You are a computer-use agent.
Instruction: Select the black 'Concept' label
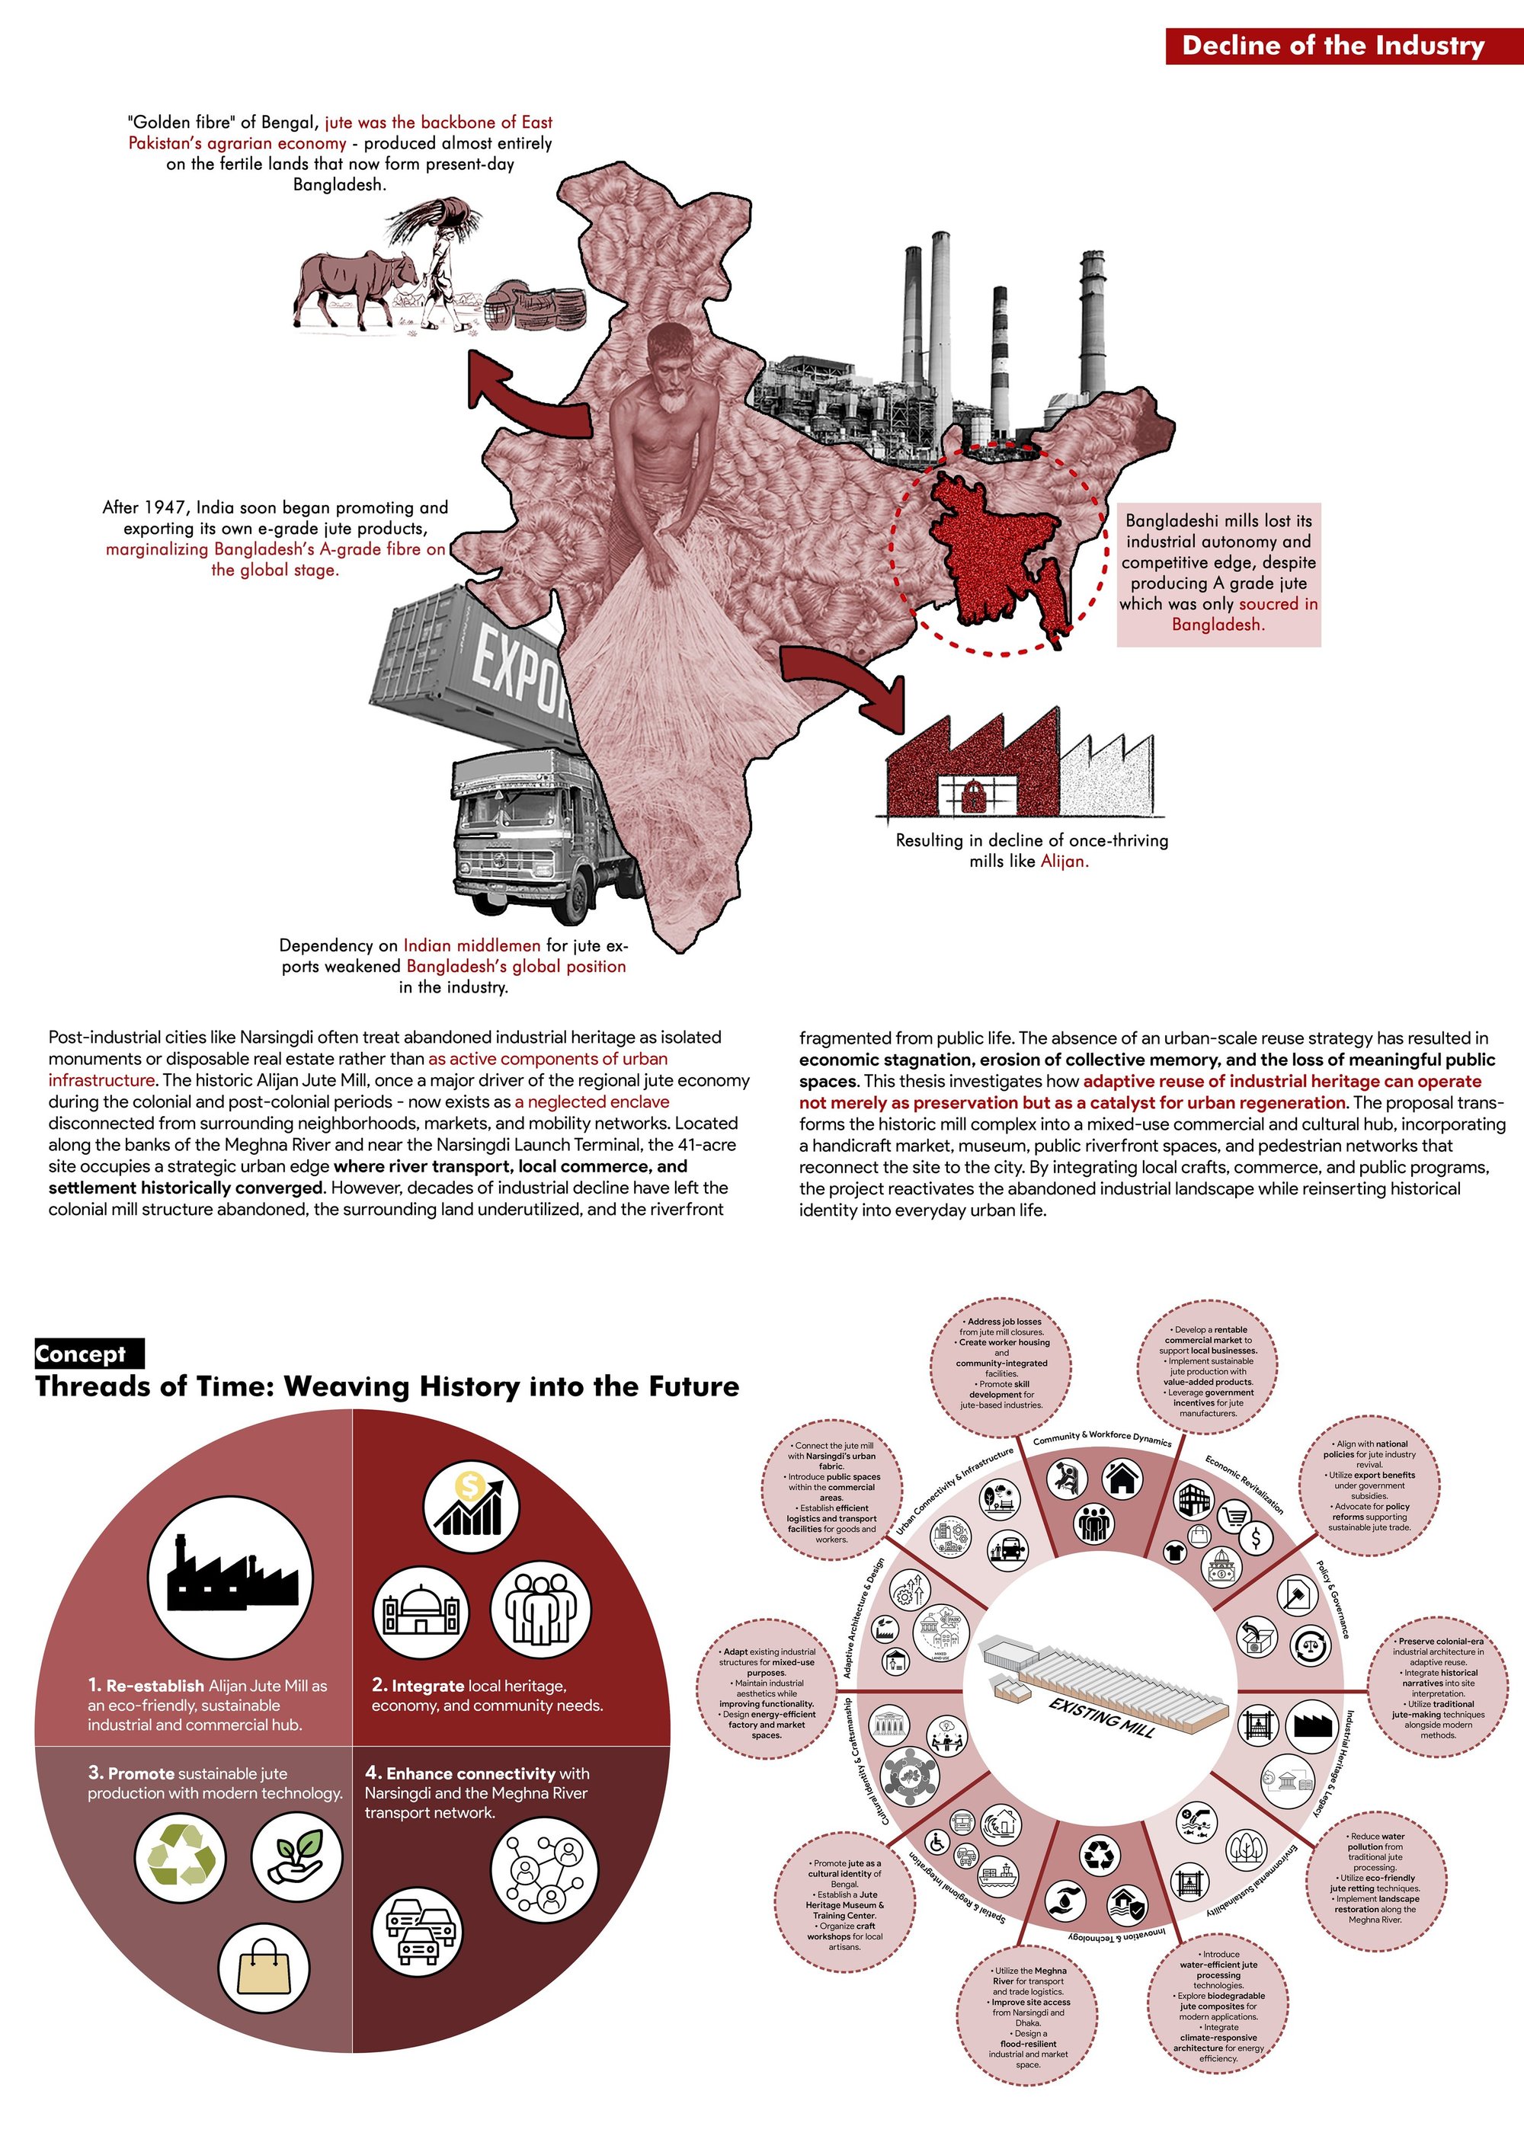pos(89,1353)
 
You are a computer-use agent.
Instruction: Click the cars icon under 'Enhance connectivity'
pos(417,1933)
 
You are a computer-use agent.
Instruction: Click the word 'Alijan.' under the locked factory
pos(1064,862)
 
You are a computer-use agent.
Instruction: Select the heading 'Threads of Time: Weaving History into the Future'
pos(387,1387)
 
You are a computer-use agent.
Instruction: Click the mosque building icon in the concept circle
pos(420,1613)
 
